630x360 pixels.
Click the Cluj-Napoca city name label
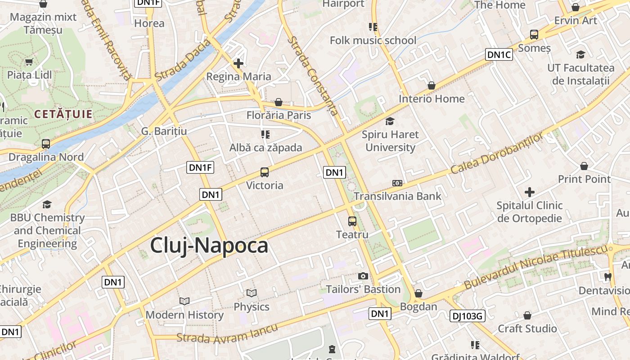pyautogui.click(x=209, y=246)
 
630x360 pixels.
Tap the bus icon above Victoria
pyautogui.click(x=265, y=172)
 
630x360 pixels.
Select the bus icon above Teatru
pyautogui.click(x=352, y=221)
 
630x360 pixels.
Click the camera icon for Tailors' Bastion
pyautogui.click(x=363, y=276)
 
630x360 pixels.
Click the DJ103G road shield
pyautogui.click(x=467, y=316)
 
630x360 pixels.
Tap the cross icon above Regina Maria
pyautogui.click(x=238, y=63)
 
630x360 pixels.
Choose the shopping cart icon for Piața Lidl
pyautogui.click(x=29, y=62)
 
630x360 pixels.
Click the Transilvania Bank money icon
pyautogui.click(x=397, y=183)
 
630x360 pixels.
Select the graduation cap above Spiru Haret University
pyautogui.click(x=390, y=121)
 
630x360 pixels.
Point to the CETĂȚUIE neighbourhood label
pyautogui.click(x=63, y=114)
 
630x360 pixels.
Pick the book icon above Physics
pyautogui.click(x=252, y=293)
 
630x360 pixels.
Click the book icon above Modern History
pyautogui.click(x=184, y=301)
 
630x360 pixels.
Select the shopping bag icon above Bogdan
pyautogui.click(x=418, y=293)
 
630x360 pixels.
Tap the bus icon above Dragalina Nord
pyautogui.click(x=46, y=144)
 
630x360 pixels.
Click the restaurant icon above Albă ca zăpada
pyautogui.click(x=265, y=134)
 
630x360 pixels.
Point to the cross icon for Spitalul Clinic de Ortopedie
pyautogui.click(x=530, y=192)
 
